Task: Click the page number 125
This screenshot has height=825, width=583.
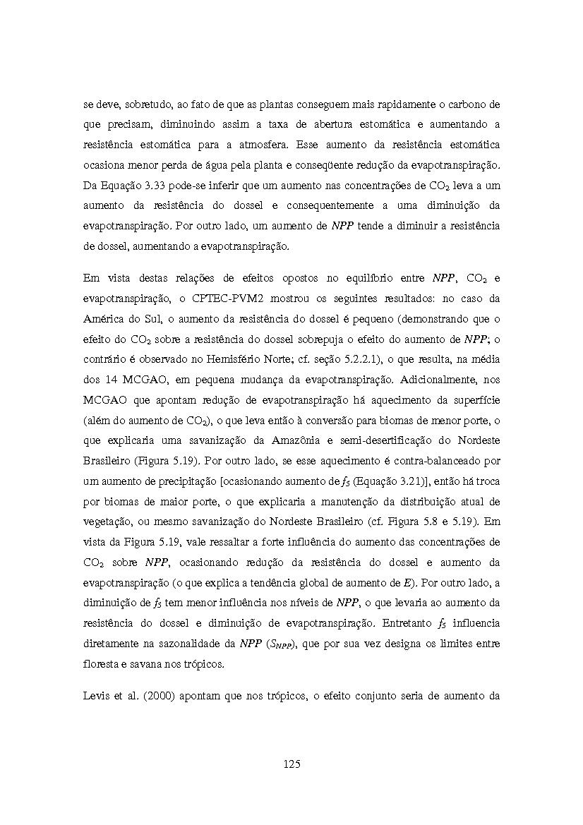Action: click(x=291, y=764)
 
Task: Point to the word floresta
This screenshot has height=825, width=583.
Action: click(x=103, y=665)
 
